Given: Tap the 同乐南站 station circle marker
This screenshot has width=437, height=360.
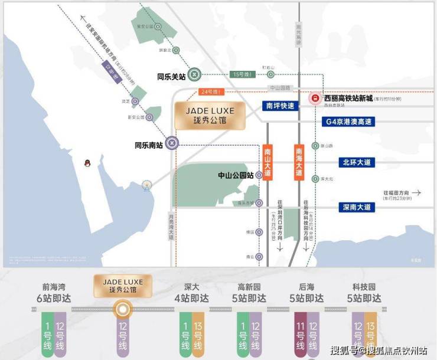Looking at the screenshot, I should pos(171,142).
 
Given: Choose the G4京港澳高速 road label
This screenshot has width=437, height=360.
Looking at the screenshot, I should pos(350,122).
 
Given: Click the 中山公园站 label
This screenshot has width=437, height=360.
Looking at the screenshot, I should pos(236,175).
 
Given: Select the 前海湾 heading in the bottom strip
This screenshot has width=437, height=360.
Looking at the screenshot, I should pos(54,287).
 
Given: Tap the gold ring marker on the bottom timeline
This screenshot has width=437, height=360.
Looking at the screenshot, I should pos(122,309).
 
